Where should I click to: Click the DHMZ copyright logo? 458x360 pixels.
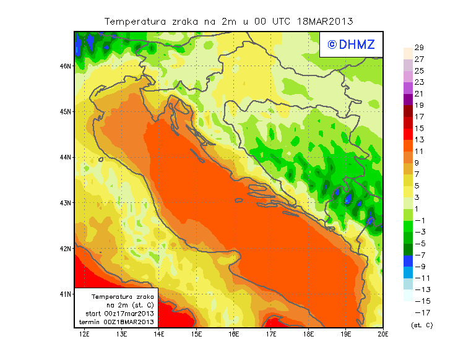click(x=352, y=44)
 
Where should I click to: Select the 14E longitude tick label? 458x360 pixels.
click(x=159, y=335)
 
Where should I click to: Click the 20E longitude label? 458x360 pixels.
click(x=383, y=335)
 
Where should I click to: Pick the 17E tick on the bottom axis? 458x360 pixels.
click(x=271, y=335)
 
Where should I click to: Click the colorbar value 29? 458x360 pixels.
click(x=419, y=48)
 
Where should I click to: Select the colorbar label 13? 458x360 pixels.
click(x=419, y=140)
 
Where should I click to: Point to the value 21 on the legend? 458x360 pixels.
click(x=419, y=94)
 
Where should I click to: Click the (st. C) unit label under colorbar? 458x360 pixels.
click(x=421, y=324)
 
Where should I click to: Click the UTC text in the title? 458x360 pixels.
click(x=280, y=21)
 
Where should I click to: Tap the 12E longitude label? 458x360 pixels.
click(x=85, y=335)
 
